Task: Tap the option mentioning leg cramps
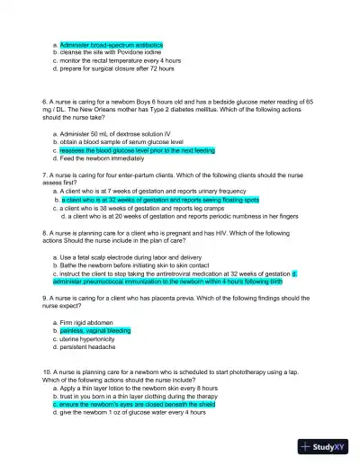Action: (144, 207)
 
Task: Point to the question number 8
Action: (45, 232)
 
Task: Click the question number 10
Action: (47, 372)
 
